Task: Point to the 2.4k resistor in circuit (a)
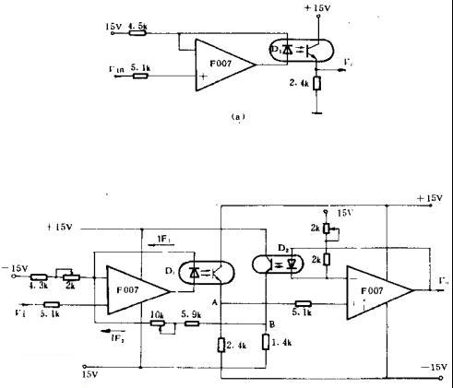(317, 85)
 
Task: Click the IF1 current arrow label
(162, 238)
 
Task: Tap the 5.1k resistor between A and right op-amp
(303, 303)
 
